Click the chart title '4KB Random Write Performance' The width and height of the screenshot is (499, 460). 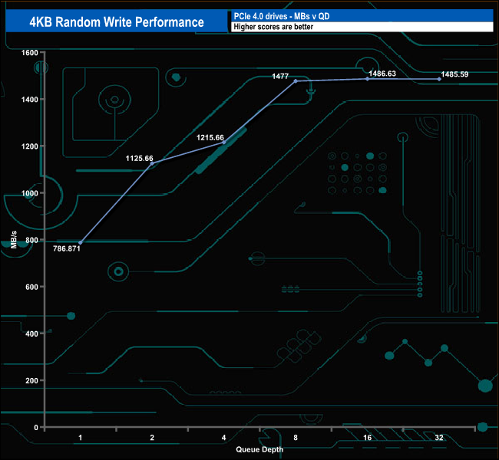tap(116, 21)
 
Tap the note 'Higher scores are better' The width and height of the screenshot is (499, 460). tap(273, 27)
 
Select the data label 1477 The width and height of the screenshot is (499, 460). tap(280, 76)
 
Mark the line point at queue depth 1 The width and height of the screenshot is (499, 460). tap(80, 242)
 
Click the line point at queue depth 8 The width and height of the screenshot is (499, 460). tap(296, 80)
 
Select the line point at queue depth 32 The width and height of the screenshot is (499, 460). tap(439, 79)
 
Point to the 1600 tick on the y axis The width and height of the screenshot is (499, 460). tap(29, 53)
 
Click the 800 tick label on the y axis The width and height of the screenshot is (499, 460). tap(31, 240)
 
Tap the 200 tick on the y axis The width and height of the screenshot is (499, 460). tap(31, 380)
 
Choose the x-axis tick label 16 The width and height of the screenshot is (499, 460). tap(367, 438)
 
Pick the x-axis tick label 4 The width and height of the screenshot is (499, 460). tap(223, 438)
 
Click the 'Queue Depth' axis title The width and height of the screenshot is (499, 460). tap(259, 449)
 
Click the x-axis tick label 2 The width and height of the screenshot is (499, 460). tap(152, 438)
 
